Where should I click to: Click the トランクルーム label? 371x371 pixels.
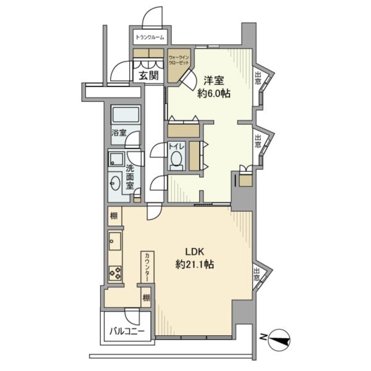(x=150, y=38)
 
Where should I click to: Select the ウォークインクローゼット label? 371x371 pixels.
(x=179, y=62)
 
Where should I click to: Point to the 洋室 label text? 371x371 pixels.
(x=214, y=80)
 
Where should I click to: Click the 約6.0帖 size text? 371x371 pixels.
(x=214, y=94)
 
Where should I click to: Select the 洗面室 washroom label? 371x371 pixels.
(x=130, y=176)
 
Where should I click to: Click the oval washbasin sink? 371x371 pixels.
(x=115, y=183)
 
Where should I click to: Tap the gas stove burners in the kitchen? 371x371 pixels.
(x=114, y=271)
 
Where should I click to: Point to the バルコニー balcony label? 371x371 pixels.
(x=127, y=331)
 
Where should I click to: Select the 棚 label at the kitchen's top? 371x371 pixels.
(x=114, y=215)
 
